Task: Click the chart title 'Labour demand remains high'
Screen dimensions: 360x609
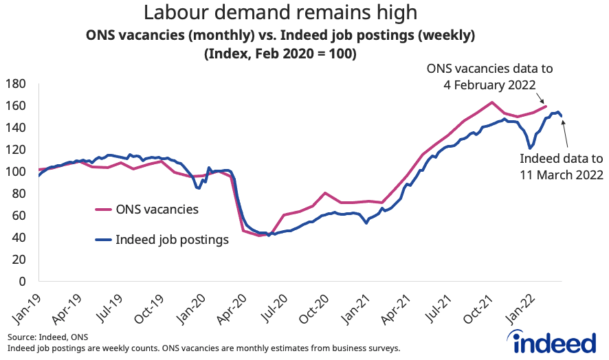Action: (x=280, y=12)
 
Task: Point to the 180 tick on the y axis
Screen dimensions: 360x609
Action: (x=15, y=84)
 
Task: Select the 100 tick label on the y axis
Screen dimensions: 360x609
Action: (x=15, y=172)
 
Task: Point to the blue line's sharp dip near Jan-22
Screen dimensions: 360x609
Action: (x=530, y=148)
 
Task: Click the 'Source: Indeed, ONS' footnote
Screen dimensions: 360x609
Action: (x=48, y=338)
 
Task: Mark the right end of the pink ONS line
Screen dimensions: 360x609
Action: (x=546, y=106)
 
